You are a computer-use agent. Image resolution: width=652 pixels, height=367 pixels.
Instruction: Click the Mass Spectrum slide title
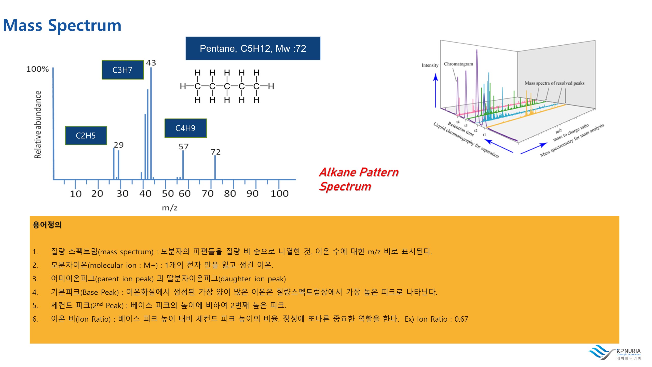click(x=62, y=25)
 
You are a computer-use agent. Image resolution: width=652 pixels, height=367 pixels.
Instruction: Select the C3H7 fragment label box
click(x=123, y=70)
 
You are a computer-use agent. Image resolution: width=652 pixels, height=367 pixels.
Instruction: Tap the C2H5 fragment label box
click(x=86, y=136)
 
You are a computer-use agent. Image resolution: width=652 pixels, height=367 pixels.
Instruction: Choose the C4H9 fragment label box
click(x=185, y=128)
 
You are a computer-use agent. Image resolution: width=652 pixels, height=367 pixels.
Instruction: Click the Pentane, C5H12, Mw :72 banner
click(x=253, y=48)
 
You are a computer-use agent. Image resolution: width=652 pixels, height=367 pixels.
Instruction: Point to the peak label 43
click(x=151, y=63)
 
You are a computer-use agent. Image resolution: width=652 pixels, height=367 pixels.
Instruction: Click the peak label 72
click(x=215, y=152)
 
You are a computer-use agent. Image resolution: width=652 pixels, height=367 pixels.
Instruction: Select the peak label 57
click(x=183, y=147)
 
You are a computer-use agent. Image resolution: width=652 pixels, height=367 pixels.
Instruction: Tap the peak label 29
click(x=118, y=145)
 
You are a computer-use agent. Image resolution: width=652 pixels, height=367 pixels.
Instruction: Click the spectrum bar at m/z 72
click(x=215, y=167)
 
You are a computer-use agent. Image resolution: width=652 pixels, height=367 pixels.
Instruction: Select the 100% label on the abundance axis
click(x=37, y=69)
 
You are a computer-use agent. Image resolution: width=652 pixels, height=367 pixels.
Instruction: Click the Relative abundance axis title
click(x=38, y=125)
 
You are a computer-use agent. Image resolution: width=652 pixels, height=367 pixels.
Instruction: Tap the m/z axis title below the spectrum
click(x=170, y=208)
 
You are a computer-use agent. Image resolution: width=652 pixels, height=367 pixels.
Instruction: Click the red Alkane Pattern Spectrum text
click(x=359, y=179)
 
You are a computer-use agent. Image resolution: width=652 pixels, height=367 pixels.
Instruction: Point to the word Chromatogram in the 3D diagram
click(x=458, y=64)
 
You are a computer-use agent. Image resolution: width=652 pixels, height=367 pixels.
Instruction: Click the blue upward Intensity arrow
click(x=436, y=90)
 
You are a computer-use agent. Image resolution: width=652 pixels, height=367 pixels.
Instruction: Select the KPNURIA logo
click(x=615, y=352)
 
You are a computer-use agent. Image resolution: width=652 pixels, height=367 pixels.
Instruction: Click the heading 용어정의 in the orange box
click(x=47, y=225)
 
